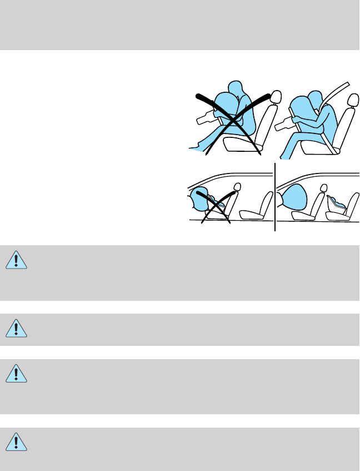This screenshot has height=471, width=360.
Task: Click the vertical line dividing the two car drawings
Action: click(x=275, y=197)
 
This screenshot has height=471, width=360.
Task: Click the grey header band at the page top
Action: click(x=180, y=24)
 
